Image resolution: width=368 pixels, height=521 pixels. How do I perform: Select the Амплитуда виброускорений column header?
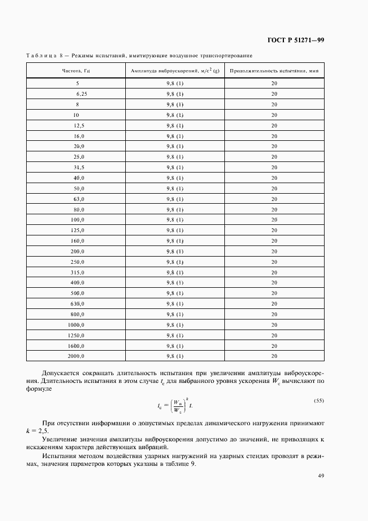tap(175, 71)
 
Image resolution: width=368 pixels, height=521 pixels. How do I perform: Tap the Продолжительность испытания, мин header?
tap(274, 71)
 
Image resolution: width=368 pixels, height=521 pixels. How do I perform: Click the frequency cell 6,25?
tap(81, 94)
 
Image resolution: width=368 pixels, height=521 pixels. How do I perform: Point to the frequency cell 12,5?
tap(78, 125)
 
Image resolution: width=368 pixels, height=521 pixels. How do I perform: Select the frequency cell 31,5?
tap(78, 167)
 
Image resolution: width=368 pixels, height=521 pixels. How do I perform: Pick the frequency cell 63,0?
tap(78, 199)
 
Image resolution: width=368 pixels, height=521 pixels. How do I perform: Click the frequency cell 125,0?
tap(77, 230)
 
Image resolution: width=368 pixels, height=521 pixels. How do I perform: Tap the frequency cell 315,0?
tap(77, 273)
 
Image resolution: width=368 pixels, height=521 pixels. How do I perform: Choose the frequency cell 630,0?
tap(77, 304)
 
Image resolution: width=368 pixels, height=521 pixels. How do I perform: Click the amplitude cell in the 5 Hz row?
tap(175, 83)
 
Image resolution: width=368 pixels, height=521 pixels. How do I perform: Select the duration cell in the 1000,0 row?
tap(274, 325)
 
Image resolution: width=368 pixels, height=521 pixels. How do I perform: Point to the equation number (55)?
tap(319, 401)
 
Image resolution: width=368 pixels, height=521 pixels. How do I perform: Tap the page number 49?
tap(321, 475)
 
